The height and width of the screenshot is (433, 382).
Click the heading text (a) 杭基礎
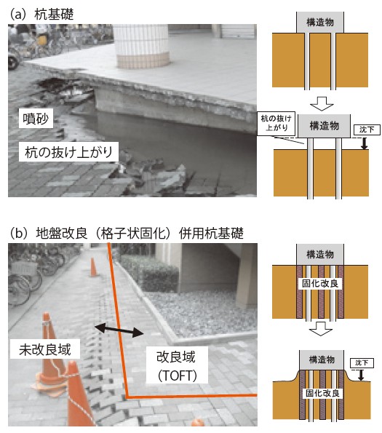coord(41,15)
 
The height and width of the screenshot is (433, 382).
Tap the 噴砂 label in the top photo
coord(36,119)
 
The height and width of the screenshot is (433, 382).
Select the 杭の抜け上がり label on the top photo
coord(68,152)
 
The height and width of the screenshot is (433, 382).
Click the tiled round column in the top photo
coord(142,46)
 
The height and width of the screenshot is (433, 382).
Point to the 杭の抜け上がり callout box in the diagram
coord(276,123)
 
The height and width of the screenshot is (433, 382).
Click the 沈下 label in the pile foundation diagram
coord(367,129)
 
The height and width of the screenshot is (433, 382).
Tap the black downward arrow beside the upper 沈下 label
coord(365,143)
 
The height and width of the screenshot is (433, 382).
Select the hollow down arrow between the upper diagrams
coord(322,103)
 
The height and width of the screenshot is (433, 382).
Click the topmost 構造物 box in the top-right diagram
coord(320,22)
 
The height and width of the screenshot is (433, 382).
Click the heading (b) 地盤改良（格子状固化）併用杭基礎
coord(127,234)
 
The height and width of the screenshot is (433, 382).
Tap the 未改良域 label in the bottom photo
coord(45,349)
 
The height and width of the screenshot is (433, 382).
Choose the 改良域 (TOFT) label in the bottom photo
coord(177,365)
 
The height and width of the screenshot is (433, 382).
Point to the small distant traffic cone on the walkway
coord(94,267)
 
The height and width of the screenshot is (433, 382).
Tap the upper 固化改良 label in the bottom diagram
coord(320,284)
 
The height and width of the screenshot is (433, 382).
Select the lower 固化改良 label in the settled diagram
coord(322,393)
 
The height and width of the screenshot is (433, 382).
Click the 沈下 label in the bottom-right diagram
coord(362,363)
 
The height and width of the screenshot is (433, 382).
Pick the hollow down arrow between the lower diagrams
coord(321,329)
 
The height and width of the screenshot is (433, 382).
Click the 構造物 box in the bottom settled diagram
coord(322,360)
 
